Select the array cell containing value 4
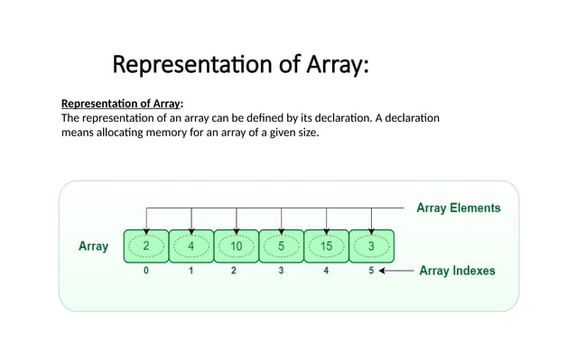click(x=190, y=245)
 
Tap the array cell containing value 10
click(x=236, y=245)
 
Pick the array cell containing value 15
click(x=327, y=245)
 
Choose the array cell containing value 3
click(x=372, y=245)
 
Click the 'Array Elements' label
click(x=458, y=208)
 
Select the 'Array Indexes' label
click(x=457, y=271)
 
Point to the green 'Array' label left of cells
click(x=94, y=245)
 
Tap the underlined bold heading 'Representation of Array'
click(x=120, y=103)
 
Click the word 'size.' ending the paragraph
click(x=306, y=134)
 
